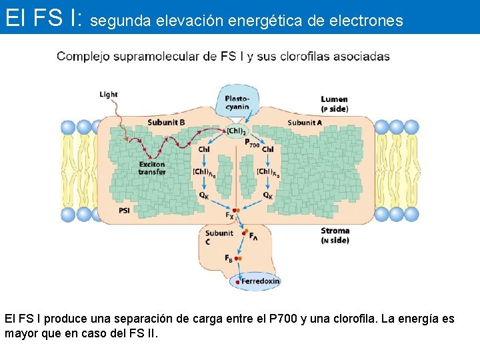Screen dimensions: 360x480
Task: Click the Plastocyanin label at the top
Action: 237,102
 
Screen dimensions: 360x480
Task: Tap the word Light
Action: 109,95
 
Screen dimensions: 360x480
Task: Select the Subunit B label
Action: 166,122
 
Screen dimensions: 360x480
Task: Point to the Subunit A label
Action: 305,122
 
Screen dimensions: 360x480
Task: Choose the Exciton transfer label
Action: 152,168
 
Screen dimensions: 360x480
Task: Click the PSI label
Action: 125,210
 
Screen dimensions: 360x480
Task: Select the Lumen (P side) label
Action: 334,104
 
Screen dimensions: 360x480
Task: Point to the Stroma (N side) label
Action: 335,235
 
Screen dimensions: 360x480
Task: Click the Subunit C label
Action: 219,237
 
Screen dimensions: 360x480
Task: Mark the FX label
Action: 229,215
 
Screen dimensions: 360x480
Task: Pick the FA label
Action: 253,235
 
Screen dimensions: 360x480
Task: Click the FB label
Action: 229,258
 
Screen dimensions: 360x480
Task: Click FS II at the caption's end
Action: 144,333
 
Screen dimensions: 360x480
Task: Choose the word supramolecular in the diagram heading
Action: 155,57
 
